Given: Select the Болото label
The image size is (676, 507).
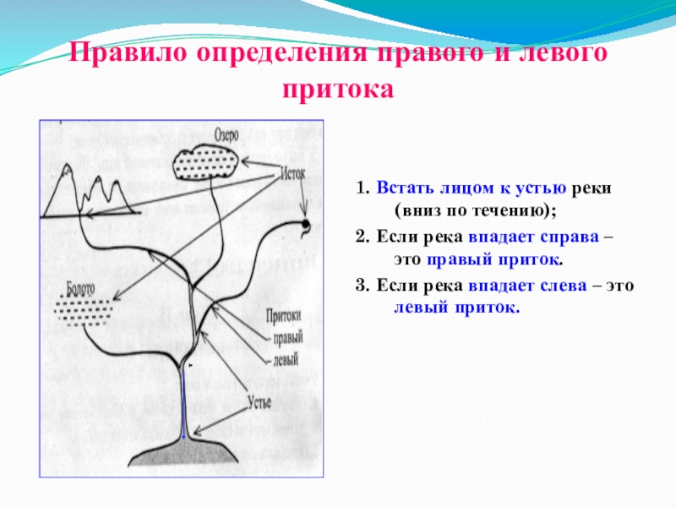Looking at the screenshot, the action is pyautogui.click(x=78, y=287).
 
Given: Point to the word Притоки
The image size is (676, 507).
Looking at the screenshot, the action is pyautogui.click(x=283, y=319).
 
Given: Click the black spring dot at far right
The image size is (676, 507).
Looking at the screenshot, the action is pyautogui.click(x=305, y=224).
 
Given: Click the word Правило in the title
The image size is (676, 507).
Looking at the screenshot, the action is pyautogui.click(x=128, y=57).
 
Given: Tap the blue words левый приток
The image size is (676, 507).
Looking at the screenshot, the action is pyautogui.click(x=457, y=307).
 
